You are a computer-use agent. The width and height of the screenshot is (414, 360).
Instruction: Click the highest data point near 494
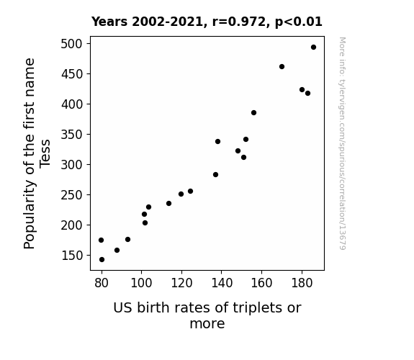pos(313,48)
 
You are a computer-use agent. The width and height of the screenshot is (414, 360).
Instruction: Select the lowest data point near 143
pos(102,260)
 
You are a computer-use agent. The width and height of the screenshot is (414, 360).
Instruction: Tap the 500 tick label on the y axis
pos(71,44)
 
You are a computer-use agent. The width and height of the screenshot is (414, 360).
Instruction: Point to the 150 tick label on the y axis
pos(72,256)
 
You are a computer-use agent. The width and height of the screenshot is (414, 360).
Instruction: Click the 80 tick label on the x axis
pos(102,283)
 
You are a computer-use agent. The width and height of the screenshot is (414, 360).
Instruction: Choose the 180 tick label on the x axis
pos(302,283)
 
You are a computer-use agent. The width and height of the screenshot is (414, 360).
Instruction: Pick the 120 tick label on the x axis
pos(181,283)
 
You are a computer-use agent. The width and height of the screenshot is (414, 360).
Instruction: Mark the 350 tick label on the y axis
pos(71,135)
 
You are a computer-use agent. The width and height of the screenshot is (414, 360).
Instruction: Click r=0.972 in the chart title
pos(239,22)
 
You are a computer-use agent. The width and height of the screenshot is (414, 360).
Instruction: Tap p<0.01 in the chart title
pos(299,22)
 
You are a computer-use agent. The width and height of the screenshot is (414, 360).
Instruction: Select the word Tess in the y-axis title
pos(45,153)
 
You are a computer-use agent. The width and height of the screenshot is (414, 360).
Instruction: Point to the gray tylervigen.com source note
pos(342,143)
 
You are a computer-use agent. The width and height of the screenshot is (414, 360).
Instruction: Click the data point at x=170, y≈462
pos(282,66)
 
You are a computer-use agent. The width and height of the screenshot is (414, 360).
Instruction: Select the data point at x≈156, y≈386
pos(253,113)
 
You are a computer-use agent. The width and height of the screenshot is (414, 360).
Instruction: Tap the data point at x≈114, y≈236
pos(168,203)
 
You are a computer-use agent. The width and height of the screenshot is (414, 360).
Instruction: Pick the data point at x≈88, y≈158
pos(117,250)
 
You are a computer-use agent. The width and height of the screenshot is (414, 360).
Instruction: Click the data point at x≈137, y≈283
pos(215,174)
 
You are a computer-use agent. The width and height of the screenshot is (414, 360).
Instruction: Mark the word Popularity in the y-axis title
pos(30,215)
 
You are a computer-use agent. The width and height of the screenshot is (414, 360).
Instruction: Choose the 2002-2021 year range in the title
pos(167,22)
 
